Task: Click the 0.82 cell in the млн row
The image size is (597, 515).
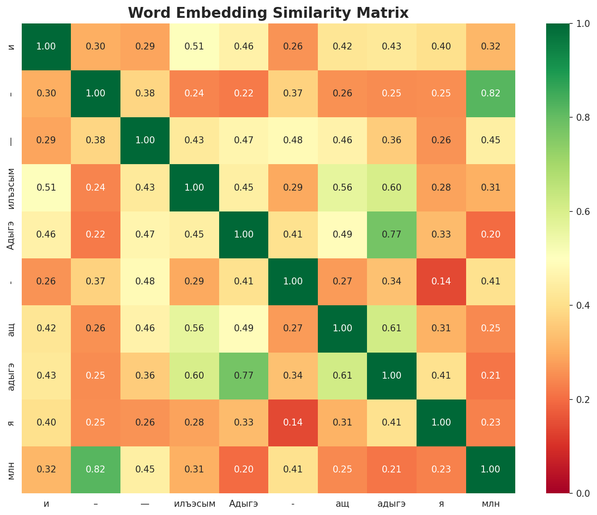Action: (x=96, y=469)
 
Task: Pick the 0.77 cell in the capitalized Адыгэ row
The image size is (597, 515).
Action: (x=392, y=234)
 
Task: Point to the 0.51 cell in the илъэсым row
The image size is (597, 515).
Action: (x=46, y=188)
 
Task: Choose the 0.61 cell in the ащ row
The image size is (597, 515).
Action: (x=392, y=328)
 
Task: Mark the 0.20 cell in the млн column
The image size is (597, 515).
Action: (x=490, y=234)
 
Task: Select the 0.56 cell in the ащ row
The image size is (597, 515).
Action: (x=194, y=328)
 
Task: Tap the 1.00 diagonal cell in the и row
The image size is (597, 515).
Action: (x=46, y=46)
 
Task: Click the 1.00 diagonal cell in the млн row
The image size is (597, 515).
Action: (x=490, y=469)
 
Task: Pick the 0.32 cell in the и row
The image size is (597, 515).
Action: (x=490, y=46)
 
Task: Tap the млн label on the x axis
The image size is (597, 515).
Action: (x=490, y=504)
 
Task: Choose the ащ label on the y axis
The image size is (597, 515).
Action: (x=12, y=328)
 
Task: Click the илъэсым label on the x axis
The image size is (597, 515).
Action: (x=194, y=504)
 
